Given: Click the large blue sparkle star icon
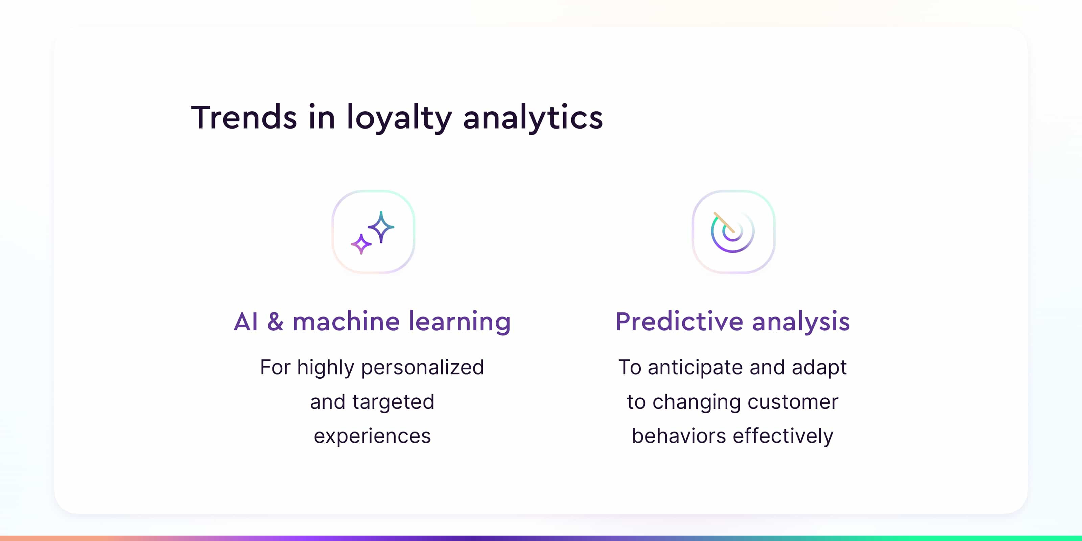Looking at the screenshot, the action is click(381, 227).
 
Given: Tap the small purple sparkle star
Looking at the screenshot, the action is click(361, 244).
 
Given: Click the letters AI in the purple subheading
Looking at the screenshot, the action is click(246, 322).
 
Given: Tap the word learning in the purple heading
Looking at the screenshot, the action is click(460, 322).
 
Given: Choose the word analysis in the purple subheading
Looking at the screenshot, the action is click(801, 322).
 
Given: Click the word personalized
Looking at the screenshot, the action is click(423, 368).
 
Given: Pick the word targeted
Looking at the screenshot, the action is click(393, 402).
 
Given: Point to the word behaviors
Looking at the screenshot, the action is click(679, 436).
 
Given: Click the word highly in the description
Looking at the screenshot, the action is click(326, 368).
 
